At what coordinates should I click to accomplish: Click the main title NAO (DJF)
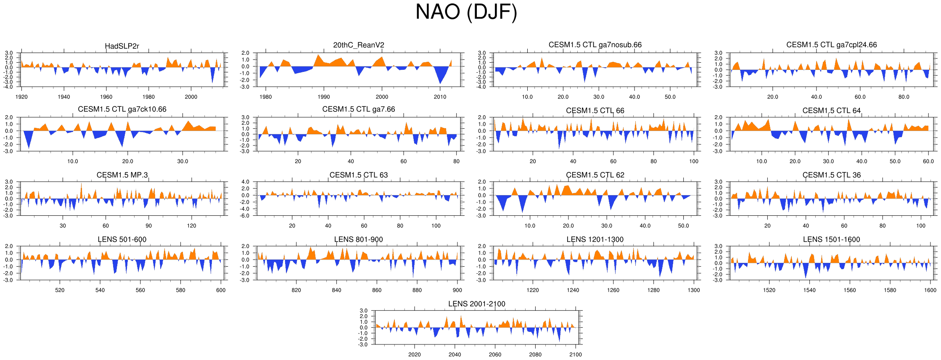[x=466, y=12]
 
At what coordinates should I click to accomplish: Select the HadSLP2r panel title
[x=122, y=46]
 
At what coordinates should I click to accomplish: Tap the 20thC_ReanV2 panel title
[x=358, y=45]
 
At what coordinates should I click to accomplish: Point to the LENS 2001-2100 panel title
[x=476, y=304]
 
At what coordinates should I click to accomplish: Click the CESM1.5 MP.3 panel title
[x=122, y=175]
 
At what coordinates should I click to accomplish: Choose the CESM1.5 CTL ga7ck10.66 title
[x=122, y=109]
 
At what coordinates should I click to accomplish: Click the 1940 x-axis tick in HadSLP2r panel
[x=64, y=97]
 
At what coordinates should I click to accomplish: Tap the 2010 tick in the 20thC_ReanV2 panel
[x=440, y=97]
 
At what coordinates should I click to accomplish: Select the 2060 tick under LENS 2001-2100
[x=495, y=355]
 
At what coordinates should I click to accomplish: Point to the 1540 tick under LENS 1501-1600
[x=809, y=290]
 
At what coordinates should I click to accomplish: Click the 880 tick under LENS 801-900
[x=417, y=290]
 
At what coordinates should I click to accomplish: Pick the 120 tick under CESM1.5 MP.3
[x=191, y=226]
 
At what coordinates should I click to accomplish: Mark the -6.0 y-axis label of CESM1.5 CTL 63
[x=245, y=216]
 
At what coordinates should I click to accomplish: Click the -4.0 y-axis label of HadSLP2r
[x=9, y=87]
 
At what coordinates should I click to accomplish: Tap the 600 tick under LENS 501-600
[x=221, y=290]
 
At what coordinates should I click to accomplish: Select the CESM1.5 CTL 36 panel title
[x=831, y=175]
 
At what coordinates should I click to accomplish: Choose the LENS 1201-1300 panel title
[x=595, y=239]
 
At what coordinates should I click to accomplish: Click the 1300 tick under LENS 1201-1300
[x=693, y=290]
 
